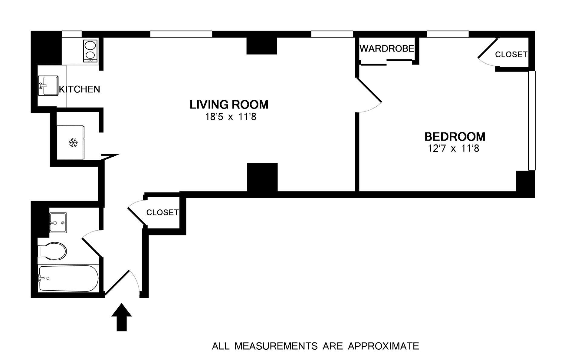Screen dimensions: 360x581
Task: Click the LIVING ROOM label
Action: click(229, 105)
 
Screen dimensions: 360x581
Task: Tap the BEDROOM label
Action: click(455, 137)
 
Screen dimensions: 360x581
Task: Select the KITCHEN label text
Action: click(80, 89)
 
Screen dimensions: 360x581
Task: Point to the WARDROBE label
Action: click(387, 48)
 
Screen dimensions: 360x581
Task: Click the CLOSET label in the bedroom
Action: click(511, 54)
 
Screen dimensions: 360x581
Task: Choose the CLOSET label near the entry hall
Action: click(162, 212)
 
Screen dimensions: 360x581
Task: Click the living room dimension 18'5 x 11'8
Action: click(231, 117)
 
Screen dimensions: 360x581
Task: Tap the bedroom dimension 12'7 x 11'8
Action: click(453, 149)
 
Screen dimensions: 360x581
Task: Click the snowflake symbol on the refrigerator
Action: click(73, 143)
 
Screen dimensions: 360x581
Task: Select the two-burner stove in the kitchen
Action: click(90, 51)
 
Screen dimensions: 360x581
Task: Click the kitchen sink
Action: click(48, 86)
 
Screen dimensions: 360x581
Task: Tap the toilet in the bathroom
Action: click(53, 251)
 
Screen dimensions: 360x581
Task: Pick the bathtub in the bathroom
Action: click(68, 278)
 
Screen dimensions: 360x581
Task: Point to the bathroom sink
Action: click(58, 222)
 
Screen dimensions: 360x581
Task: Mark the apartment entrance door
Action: click(117, 282)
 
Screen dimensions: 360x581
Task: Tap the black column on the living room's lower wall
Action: click(262, 177)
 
